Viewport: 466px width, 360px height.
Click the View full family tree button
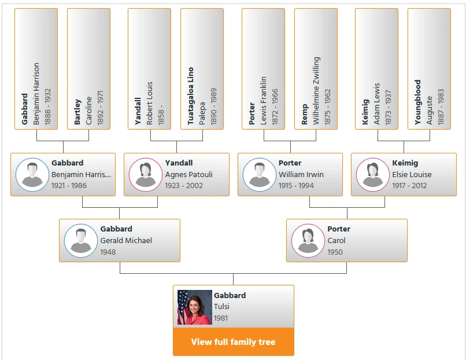click(234, 342)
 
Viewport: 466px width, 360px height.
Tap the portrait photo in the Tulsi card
click(195, 307)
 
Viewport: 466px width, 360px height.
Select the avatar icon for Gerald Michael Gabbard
click(81, 241)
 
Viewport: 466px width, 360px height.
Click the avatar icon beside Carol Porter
click(308, 241)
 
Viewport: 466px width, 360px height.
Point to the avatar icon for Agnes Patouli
click(146, 175)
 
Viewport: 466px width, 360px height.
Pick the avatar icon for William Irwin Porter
click(260, 175)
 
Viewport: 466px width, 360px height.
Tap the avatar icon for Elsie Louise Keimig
click(373, 175)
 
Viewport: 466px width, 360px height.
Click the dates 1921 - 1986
click(69, 186)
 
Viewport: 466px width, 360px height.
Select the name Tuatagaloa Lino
click(190, 96)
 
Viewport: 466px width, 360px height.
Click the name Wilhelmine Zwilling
click(316, 91)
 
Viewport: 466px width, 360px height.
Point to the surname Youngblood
click(418, 102)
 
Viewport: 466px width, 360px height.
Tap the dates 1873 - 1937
click(388, 107)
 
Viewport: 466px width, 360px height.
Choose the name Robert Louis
click(149, 103)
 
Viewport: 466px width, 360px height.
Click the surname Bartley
click(77, 112)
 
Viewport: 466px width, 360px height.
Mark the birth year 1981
click(221, 318)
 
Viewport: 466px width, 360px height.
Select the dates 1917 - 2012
click(409, 186)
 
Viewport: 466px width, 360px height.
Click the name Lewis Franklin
click(263, 101)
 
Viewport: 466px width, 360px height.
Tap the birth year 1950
click(335, 252)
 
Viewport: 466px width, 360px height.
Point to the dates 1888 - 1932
click(47, 106)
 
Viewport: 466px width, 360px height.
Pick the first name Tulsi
click(221, 306)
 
